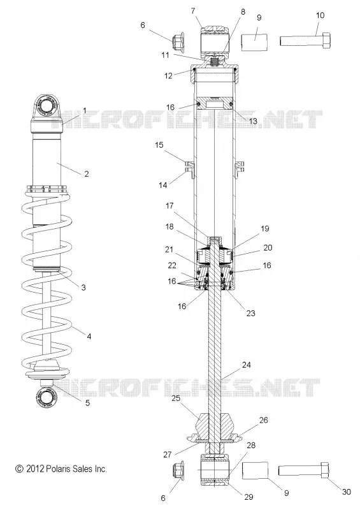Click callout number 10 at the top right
tap(320, 15)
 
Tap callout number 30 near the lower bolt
tap(347, 492)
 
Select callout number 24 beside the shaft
tap(246, 365)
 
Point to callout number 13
tap(253, 121)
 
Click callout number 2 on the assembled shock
tap(87, 173)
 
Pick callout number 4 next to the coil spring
tap(89, 337)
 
